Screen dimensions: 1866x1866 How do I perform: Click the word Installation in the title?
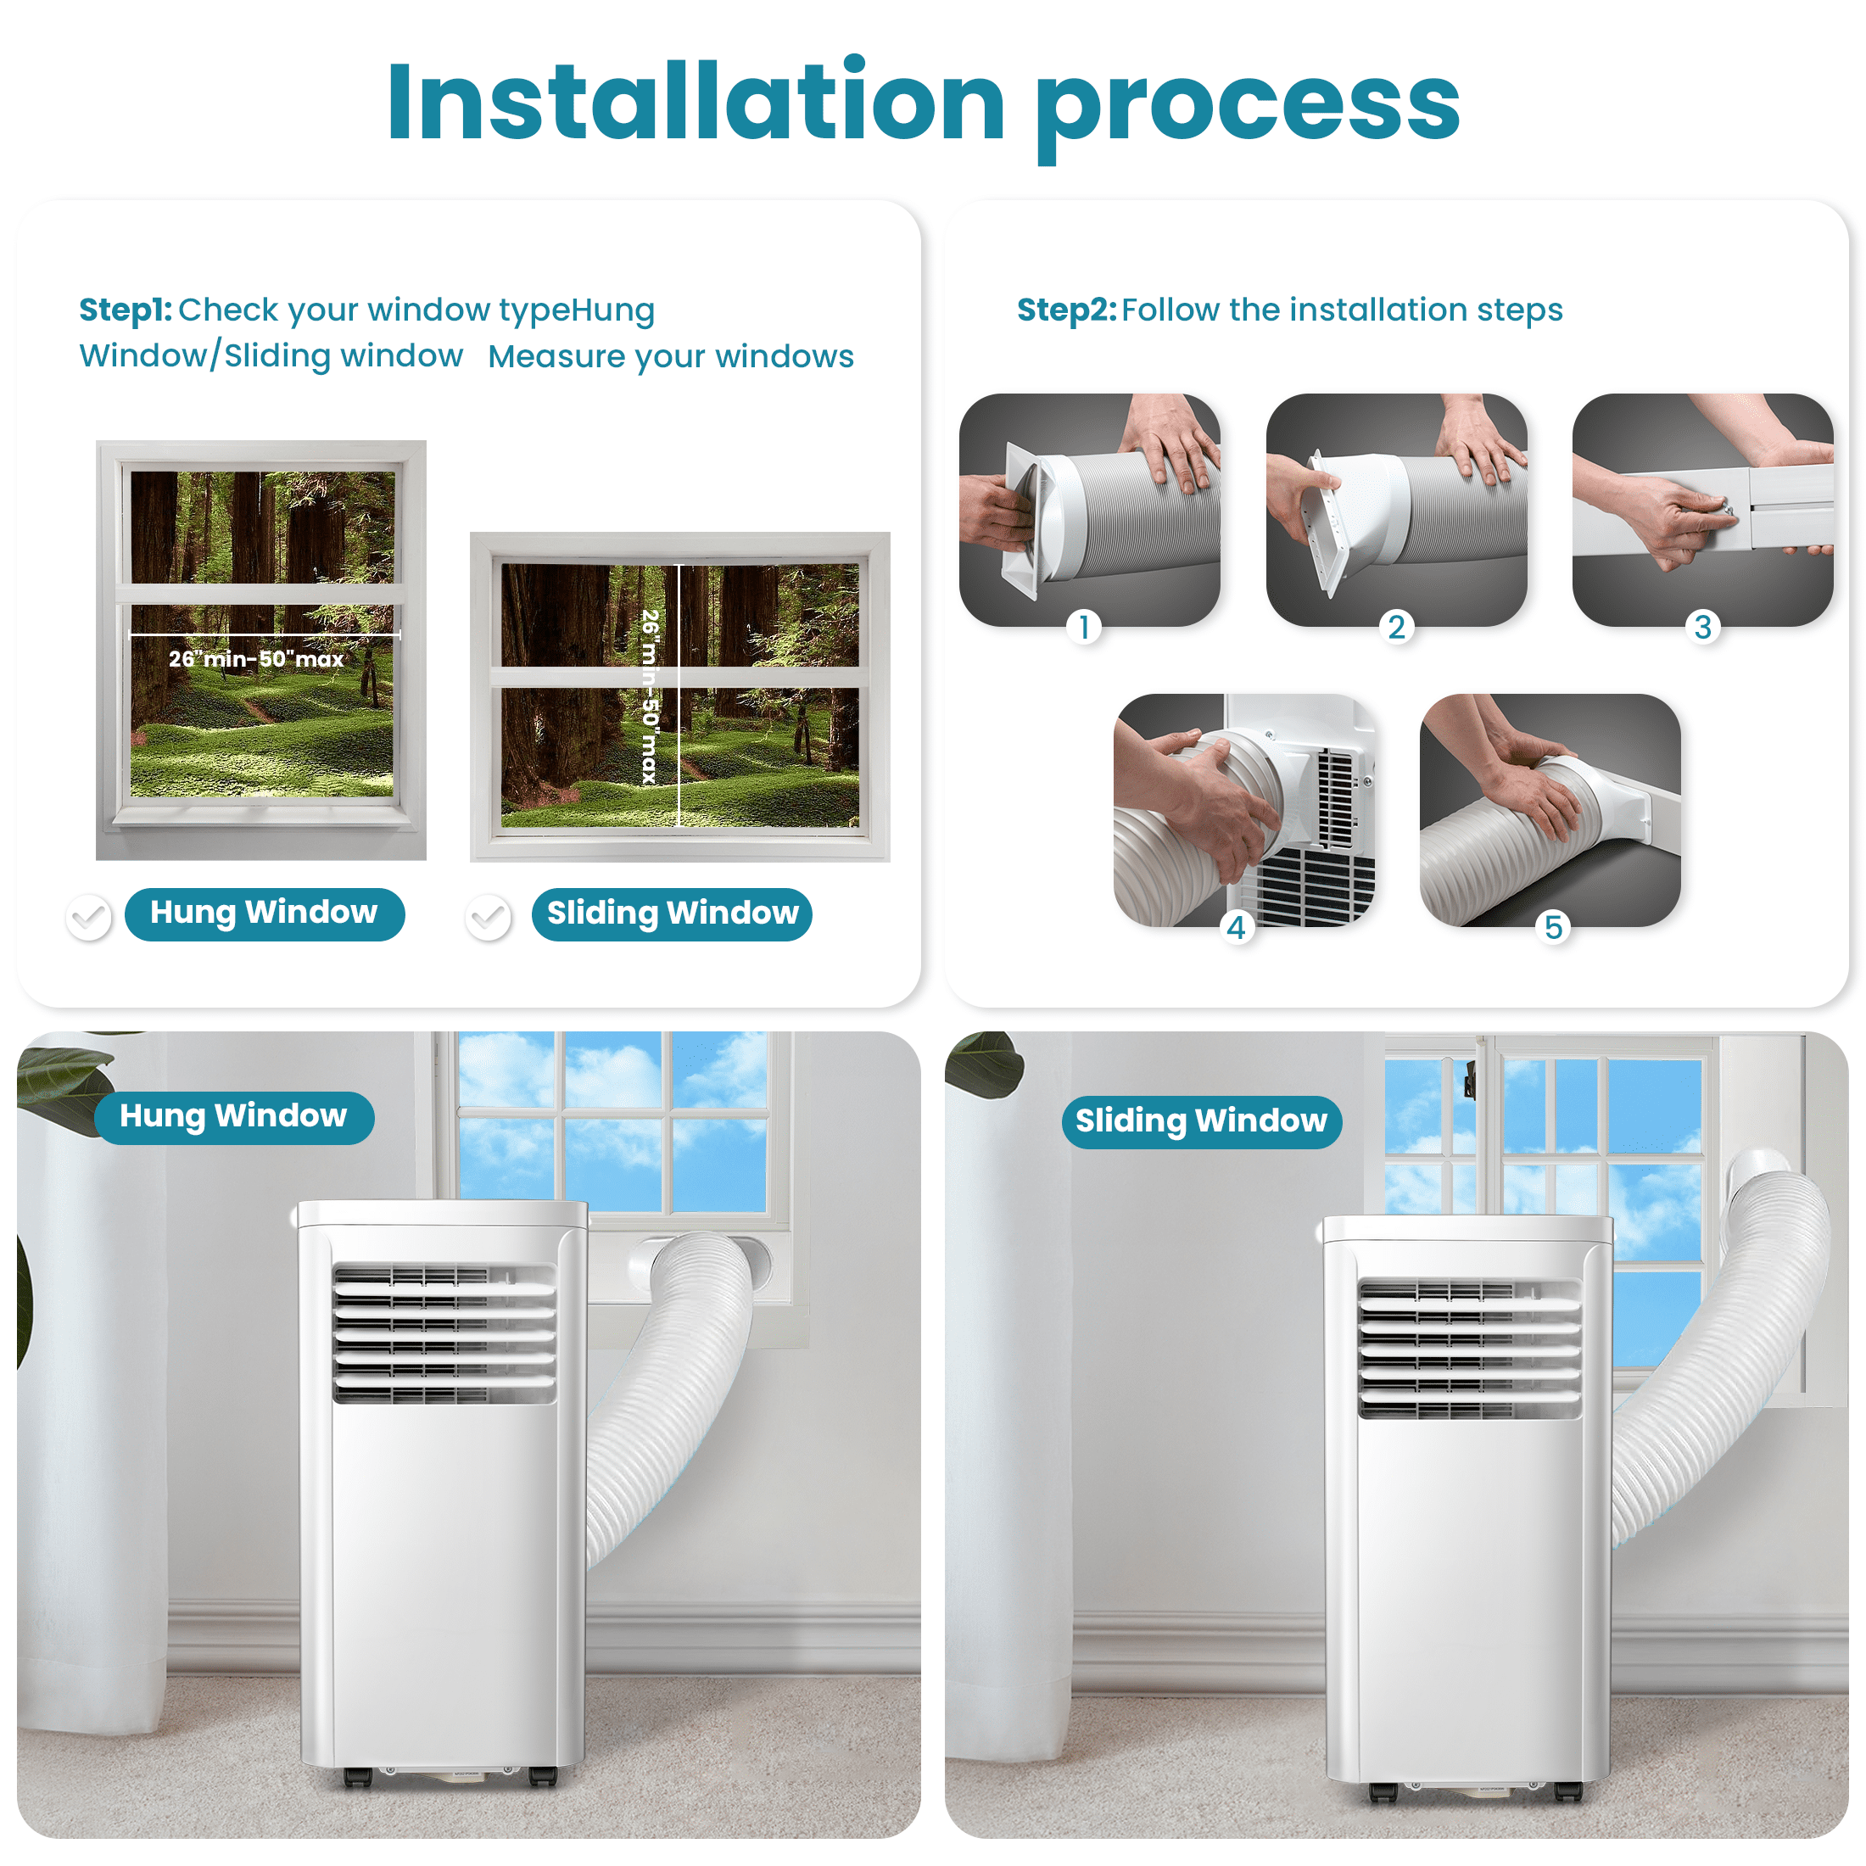pyautogui.click(x=696, y=102)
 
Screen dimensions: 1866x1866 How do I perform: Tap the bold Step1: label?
pyautogui.click(x=126, y=310)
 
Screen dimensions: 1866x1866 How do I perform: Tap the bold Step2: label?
pyautogui.click(x=1066, y=310)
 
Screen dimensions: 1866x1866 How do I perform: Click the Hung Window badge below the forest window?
pyautogui.click(x=264, y=913)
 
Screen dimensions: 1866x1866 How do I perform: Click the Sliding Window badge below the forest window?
pyautogui.click(x=673, y=913)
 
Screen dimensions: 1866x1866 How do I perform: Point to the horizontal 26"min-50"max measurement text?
pyautogui.click(x=256, y=659)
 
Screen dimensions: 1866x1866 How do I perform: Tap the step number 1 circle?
pyautogui.click(x=1085, y=627)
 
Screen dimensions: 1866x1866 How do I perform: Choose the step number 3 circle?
pyautogui.click(x=1703, y=627)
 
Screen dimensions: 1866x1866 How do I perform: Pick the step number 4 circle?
pyautogui.click(x=1237, y=927)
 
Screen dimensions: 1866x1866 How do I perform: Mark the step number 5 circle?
pyautogui.click(x=1553, y=927)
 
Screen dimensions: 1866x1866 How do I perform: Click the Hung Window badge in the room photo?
pyautogui.click(x=234, y=1116)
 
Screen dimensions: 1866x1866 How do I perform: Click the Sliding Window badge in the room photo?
pyautogui.click(x=1202, y=1121)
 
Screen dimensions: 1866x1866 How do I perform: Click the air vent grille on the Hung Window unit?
pyautogui.click(x=444, y=1332)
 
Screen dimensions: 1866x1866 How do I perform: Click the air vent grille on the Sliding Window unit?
pyautogui.click(x=1469, y=1348)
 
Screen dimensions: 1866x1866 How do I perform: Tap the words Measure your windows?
pyautogui.click(x=670, y=356)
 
